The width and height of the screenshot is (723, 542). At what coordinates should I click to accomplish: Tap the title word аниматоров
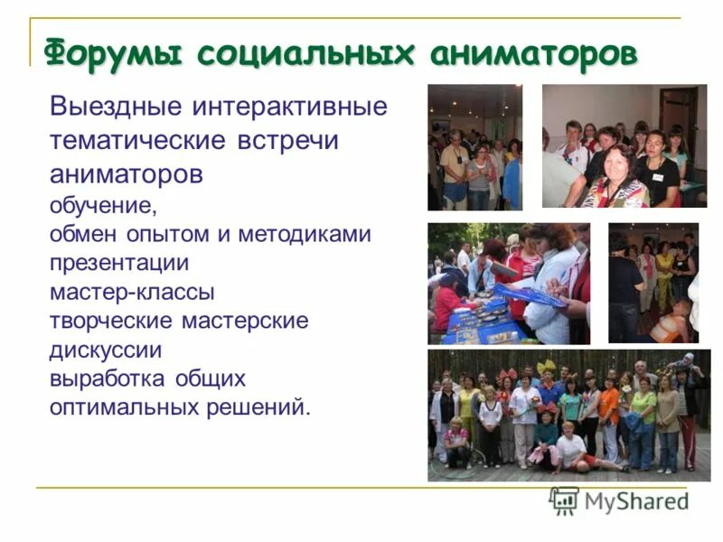pyautogui.click(x=533, y=53)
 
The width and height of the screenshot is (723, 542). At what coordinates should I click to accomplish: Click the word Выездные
pyautogui.click(x=115, y=107)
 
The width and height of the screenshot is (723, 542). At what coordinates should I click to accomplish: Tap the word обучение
pyautogui.click(x=103, y=205)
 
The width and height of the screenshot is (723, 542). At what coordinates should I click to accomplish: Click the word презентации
pyautogui.click(x=118, y=263)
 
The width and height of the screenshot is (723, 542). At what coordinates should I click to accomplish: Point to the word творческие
pyautogui.click(x=110, y=321)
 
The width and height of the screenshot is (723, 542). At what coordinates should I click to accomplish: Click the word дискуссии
pyautogui.click(x=106, y=350)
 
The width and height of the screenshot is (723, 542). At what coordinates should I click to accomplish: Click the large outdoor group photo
pyautogui.click(x=568, y=415)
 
